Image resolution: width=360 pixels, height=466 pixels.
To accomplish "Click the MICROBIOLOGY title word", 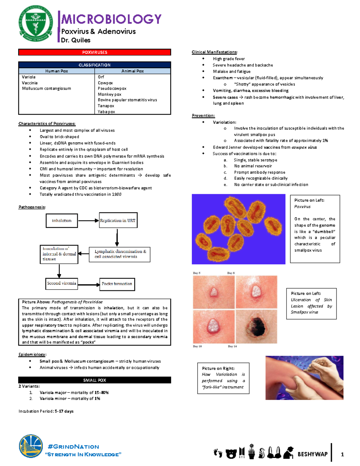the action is pos(111,19).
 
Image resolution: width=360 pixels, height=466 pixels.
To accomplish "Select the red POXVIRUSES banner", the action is pos(94,52).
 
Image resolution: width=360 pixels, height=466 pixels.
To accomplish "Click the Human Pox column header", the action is pos(56,71).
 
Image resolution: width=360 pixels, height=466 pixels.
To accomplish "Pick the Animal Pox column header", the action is pos(132,71).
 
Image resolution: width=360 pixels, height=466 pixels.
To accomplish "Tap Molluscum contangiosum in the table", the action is pos(46,89).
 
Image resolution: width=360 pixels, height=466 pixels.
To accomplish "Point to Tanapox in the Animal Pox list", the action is pos(106,106).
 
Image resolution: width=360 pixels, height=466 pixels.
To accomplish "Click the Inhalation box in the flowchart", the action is pos(62,221).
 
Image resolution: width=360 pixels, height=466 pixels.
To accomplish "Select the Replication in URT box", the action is pos(118,221).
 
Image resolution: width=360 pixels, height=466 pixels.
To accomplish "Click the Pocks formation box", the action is pos(117,284).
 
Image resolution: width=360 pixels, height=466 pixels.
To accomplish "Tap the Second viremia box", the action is pos(61,283).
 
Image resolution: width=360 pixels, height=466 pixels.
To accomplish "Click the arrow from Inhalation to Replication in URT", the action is pos(88,221).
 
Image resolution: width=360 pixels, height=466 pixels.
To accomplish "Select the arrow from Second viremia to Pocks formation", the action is pos(88,284).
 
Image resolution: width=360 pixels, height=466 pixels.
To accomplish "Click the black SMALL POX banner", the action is pos(94,380).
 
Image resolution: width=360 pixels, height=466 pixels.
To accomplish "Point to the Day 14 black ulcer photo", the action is pos(256,326).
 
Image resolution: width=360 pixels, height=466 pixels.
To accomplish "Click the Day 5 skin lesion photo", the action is pos(213,292).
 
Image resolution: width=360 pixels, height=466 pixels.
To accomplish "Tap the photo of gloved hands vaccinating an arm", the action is pos(304,378).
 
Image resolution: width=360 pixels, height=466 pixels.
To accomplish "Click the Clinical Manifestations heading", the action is pos(214,52).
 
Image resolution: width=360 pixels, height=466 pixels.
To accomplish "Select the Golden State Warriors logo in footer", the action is pos(31,447).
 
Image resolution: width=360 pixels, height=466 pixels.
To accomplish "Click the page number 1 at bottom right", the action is pos(342,454).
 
